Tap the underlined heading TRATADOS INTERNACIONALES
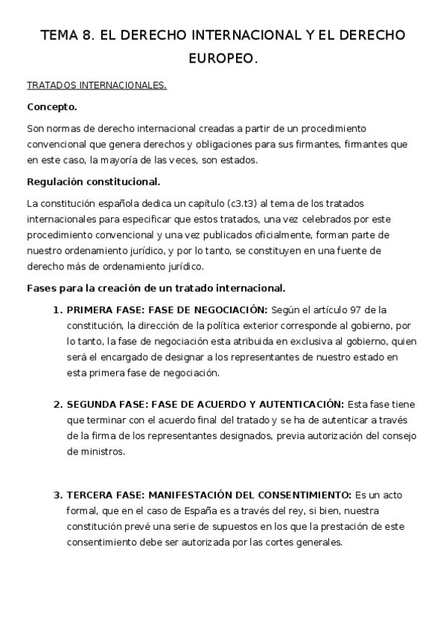[x=97, y=86]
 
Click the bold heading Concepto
[x=52, y=106]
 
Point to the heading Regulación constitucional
[x=93, y=182]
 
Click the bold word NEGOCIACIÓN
[x=230, y=310]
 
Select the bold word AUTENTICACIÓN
[x=304, y=404]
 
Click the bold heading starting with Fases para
[x=156, y=288]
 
